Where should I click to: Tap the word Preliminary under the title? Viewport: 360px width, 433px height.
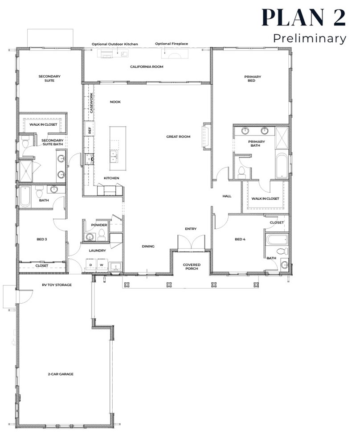pyautogui.click(x=310, y=38)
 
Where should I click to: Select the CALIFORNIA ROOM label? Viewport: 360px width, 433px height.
pyautogui.click(x=147, y=67)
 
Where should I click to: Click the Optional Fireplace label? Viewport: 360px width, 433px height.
pyautogui.click(x=172, y=44)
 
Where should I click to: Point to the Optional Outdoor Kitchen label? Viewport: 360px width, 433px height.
pyautogui.click(x=115, y=44)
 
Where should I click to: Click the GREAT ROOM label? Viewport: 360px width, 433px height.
pyautogui.click(x=178, y=137)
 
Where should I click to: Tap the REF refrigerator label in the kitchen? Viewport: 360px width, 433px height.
pyautogui.click(x=90, y=130)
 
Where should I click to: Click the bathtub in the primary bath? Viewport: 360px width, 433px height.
pyautogui.click(x=282, y=166)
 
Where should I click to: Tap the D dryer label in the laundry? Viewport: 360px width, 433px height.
pyautogui.click(x=91, y=265)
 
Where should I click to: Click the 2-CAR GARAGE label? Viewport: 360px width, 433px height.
pyautogui.click(x=61, y=374)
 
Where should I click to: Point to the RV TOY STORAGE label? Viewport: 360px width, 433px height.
pyautogui.click(x=57, y=285)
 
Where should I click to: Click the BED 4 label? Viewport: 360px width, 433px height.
pyautogui.click(x=240, y=239)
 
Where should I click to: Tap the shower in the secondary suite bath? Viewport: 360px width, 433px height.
pyautogui.click(x=25, y=171)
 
